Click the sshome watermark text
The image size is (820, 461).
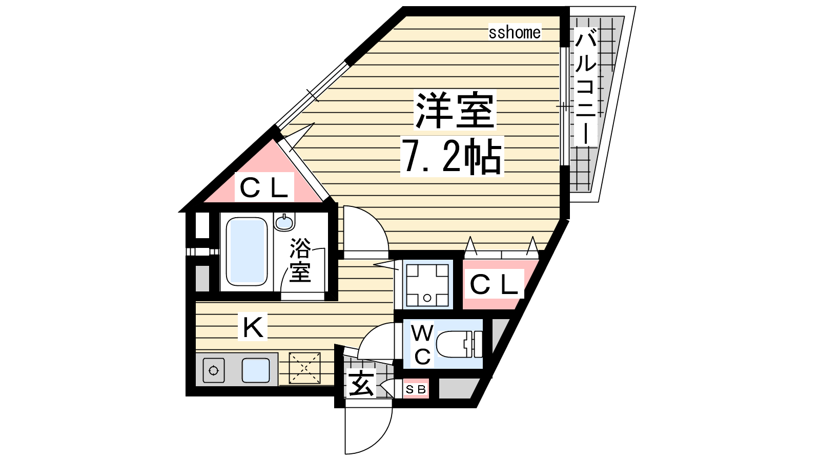click(x=515, y=33)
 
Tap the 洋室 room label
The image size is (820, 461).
click(x=455, y=110)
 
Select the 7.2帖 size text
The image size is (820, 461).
click(x=452, y=156)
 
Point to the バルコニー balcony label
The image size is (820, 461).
click(x=586, y=87)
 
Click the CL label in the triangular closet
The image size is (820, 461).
click(x=264, y=187)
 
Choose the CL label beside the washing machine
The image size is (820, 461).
click(x=494, y=284)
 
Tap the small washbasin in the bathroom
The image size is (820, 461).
click(x=284, y=222)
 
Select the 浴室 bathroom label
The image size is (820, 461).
click(x=300, y=260)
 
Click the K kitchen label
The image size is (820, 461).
click(x=253, y=327)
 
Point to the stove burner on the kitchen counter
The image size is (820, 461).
click(x=213, y=371)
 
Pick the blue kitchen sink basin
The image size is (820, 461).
click(x=256, y=370)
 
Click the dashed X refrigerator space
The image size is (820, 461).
click(x=304, y=368)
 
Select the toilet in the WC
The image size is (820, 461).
click(x=459, y=344)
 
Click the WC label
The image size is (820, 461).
click(x=422, y=344)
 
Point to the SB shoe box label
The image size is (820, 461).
click(x=416, y=390)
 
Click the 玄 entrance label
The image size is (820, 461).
click(x=361, y=384)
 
